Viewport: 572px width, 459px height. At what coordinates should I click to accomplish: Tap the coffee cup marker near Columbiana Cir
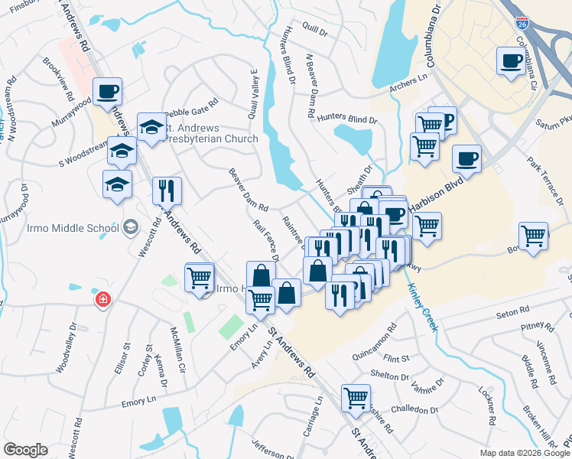coord(510,60)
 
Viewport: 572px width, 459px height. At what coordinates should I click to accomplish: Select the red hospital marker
coord(102,299)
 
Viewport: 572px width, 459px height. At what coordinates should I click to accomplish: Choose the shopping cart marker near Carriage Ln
coord(356,397)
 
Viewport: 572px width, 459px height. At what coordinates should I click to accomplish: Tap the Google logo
coord(25,450)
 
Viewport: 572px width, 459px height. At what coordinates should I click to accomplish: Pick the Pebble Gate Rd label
coord(192,100)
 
